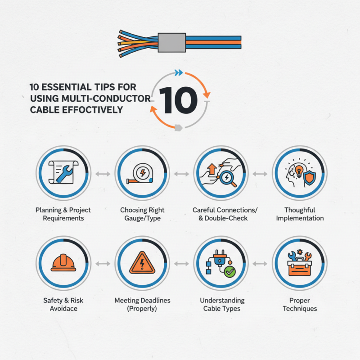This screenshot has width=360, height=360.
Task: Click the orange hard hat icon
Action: point(63,263)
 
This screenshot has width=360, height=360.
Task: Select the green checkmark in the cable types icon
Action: point(230,272)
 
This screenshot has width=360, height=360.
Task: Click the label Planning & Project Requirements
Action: point(63,214)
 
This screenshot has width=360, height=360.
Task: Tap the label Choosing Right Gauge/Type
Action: point(142,214)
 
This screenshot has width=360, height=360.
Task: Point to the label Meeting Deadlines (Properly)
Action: point(142,304)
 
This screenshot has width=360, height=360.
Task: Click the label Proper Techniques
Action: point(300,304)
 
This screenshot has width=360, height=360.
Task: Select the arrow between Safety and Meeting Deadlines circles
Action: point(102,264)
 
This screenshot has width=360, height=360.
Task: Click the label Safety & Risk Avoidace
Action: point(63,304)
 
